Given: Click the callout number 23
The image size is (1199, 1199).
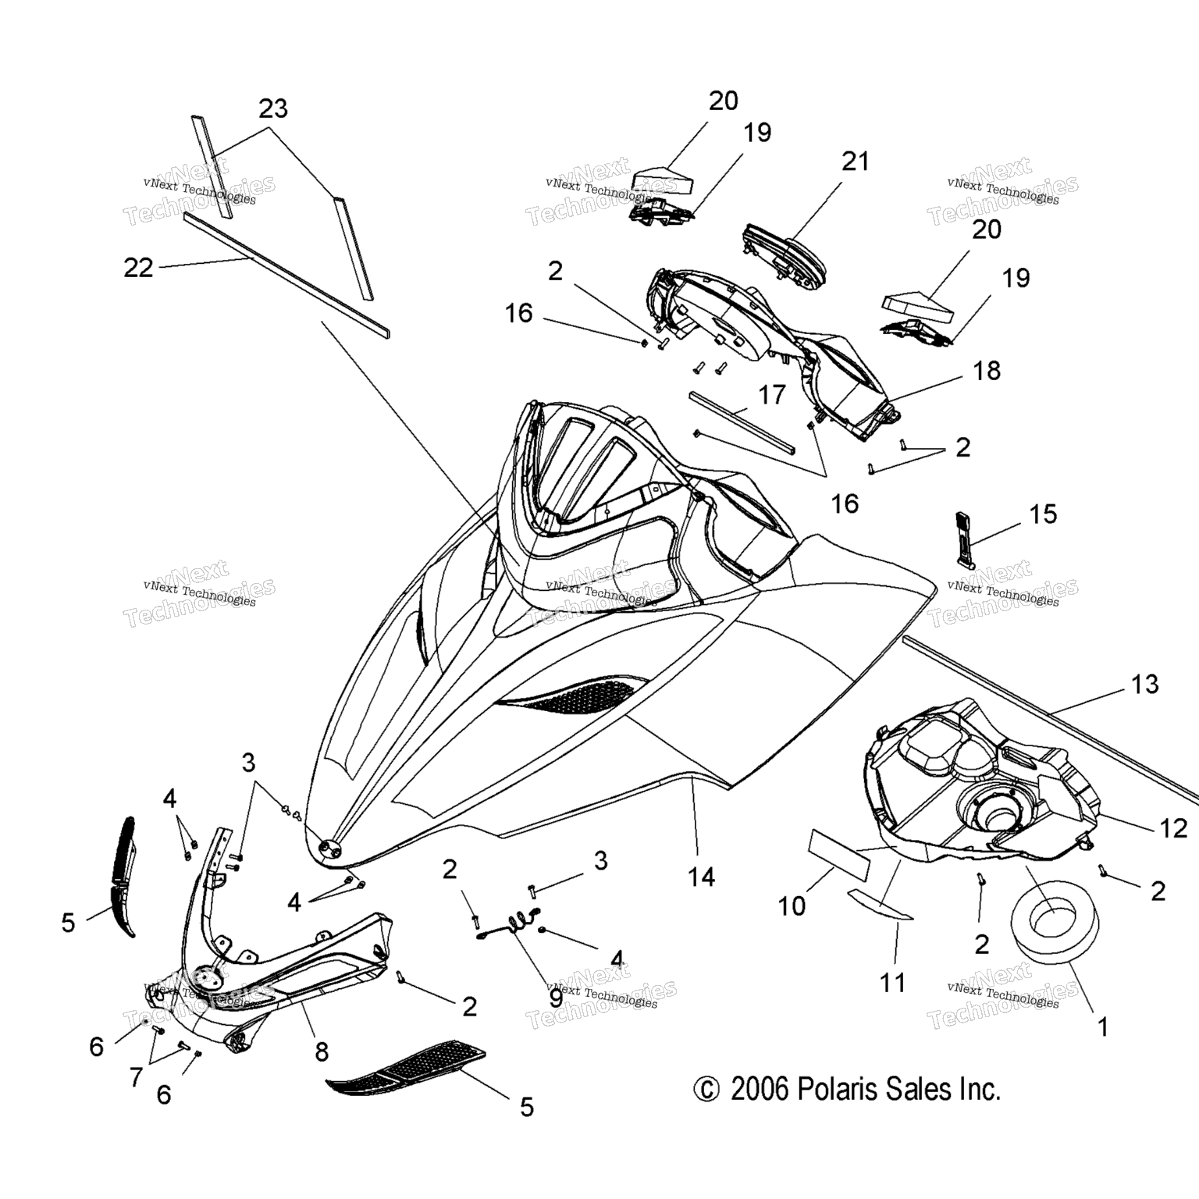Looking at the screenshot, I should pos(273,109).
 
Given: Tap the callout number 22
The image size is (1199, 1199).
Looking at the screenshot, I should pos(138,268).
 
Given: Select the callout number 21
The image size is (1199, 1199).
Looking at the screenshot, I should pos(855,162).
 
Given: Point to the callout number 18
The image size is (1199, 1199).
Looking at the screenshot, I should pos(987,370).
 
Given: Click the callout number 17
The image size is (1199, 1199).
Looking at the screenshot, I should pos(772,395).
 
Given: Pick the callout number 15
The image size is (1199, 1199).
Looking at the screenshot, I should pos(1043,514).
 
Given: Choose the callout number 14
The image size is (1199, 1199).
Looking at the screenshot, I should pos(702,877).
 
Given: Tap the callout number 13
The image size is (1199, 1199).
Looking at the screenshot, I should pos(1145,685).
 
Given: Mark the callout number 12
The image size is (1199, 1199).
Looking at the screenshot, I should pos(1172,828).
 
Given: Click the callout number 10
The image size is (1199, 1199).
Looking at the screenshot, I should pos(792,905).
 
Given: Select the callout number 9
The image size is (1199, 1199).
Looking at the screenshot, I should pos(555,996).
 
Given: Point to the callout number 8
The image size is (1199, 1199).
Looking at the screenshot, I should pos(321,1052).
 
